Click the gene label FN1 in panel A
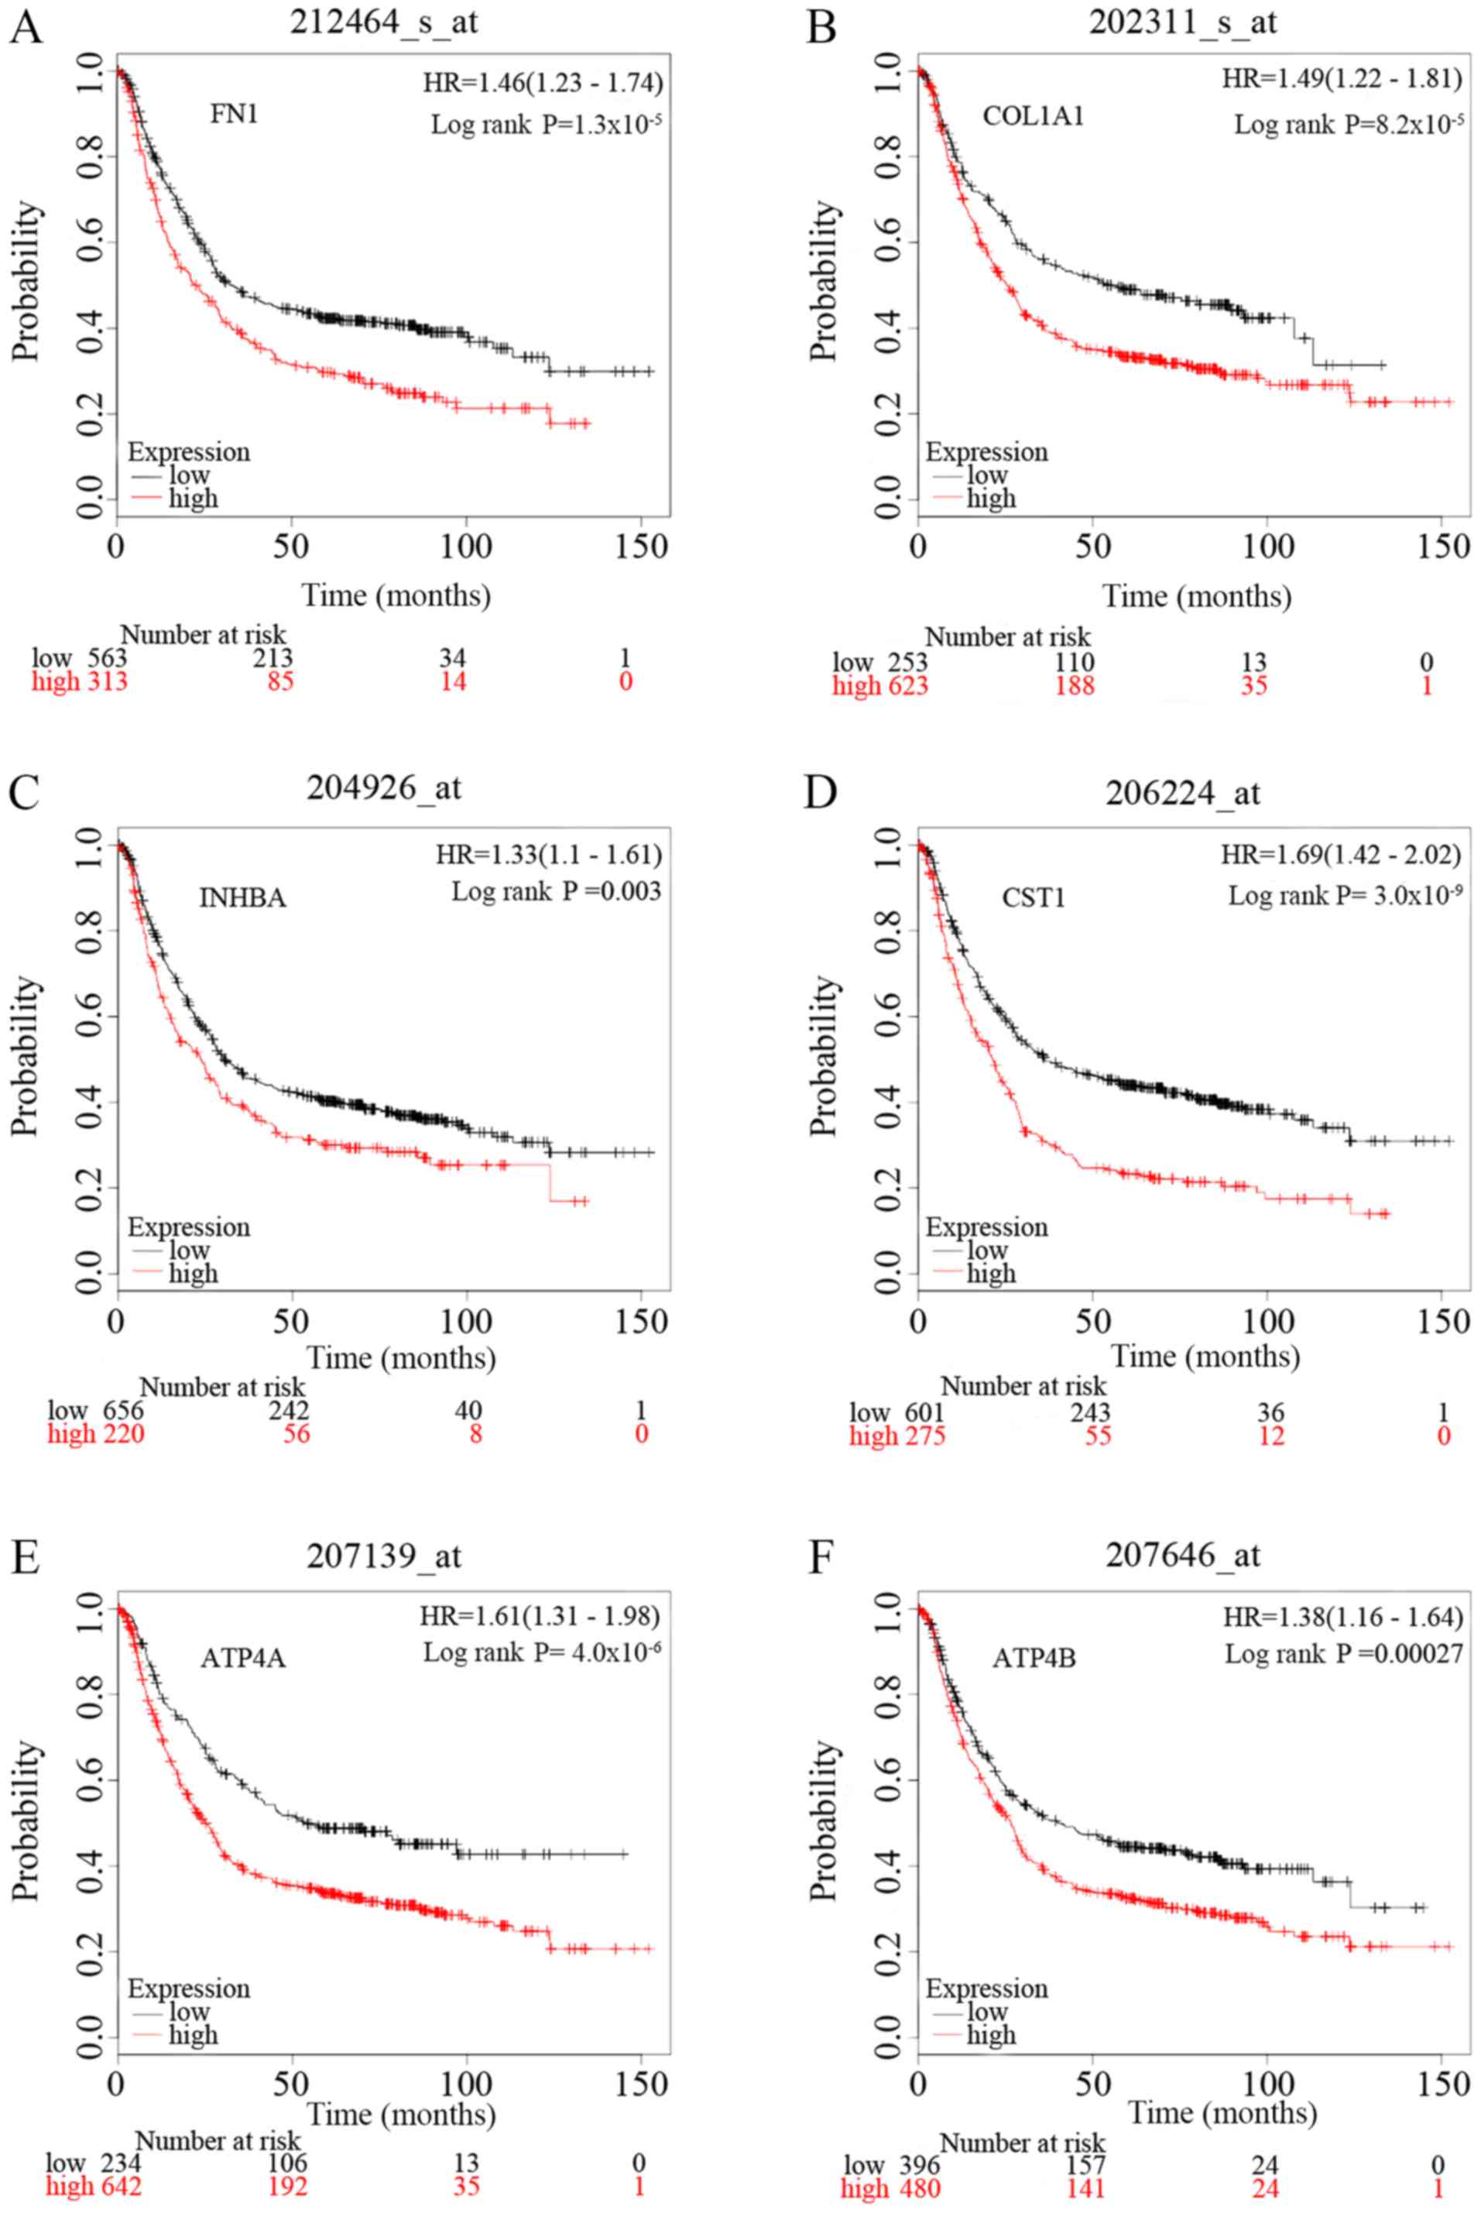pyautogui.click(x=235, y=115)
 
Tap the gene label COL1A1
pyautogui.click(x=1034, y=116)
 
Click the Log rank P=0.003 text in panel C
pyautogui.click(x=557, y=890)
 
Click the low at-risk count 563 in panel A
pyautogui.click(x=107, y=658)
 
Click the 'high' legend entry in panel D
pyautogui.click(x=991, y=1273)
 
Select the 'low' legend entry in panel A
pyautogui.click(x=189, y=475)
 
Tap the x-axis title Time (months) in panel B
pyautogui.click(x=1197, y=596)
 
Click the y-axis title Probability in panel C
pyautogui.click(x=26, y=1055)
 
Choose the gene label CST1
pyautogui.click(x=1034, y=897)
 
